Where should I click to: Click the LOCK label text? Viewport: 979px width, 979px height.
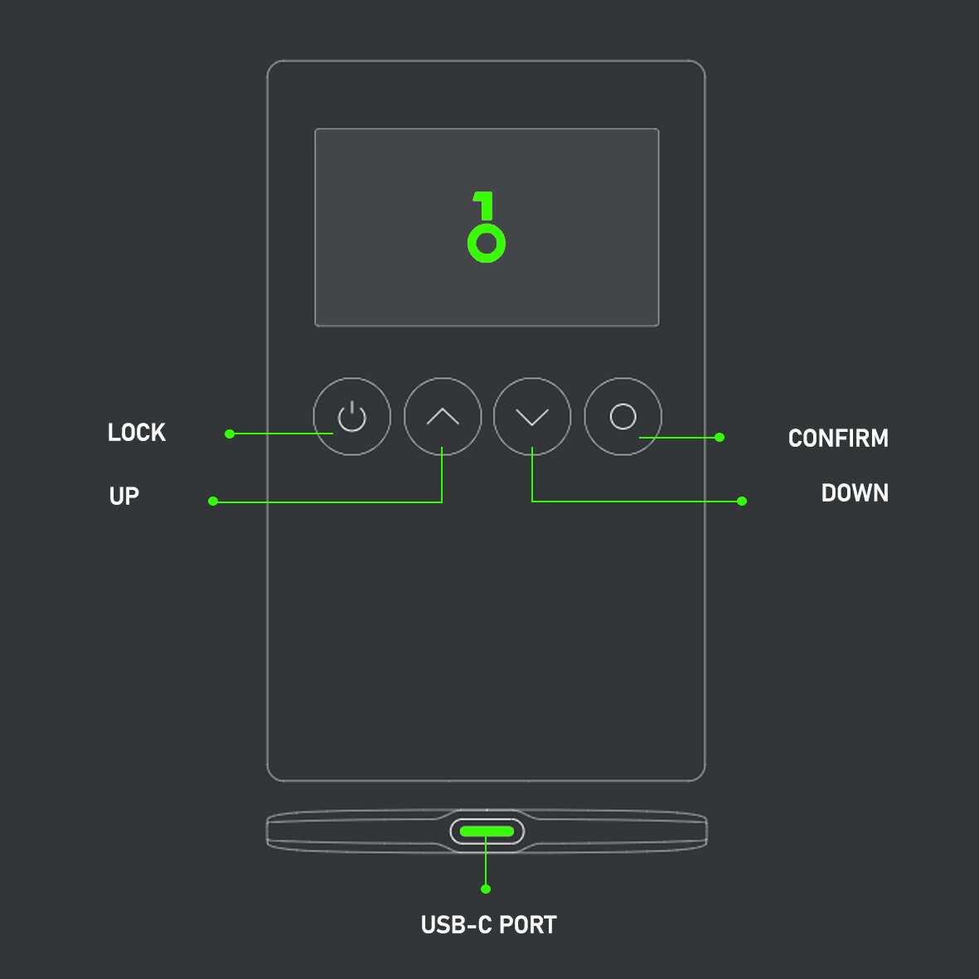(137, 433)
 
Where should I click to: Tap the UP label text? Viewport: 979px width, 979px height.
(124, 496)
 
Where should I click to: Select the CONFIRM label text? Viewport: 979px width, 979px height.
(838, 438)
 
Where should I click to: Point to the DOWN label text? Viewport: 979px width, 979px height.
(855, 493)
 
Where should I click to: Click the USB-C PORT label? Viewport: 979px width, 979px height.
(488, 925)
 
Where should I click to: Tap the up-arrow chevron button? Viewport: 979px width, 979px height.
(443, 416)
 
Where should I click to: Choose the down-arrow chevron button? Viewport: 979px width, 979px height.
(532, 416)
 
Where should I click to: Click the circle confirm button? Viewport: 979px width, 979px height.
(623, 416)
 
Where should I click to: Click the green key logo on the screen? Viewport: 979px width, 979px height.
(486, 228)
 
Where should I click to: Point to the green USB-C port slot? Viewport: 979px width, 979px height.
(487, 831)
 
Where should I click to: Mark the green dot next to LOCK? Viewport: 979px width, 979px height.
(230, 434)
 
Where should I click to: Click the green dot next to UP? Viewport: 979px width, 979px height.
(213, 501)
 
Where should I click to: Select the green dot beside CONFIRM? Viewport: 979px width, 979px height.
(720, 437)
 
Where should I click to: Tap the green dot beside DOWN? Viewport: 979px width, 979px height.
(742, 501)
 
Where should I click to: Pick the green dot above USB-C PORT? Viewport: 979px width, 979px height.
(486, 889)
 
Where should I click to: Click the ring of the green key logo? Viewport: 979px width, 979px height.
(487, 244)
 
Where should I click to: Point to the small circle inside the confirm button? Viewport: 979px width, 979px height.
(623, 416)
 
